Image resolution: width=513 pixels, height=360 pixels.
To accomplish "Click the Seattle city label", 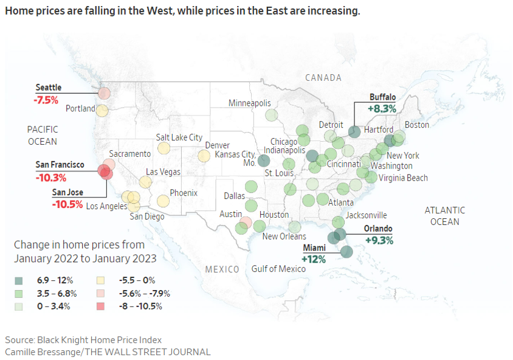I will pos(49,88).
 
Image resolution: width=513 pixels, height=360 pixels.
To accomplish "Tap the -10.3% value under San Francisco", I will pos(50,178).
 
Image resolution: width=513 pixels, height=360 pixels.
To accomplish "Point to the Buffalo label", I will pos(382,97).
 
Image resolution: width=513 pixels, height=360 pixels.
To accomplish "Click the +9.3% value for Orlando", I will pos(378,240).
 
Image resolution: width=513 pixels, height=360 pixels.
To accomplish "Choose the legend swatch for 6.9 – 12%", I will pos(19,280).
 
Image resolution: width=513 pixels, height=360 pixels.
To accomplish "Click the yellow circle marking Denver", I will pos(204,156).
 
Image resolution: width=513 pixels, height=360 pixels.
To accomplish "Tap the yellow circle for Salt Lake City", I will pos(164,148).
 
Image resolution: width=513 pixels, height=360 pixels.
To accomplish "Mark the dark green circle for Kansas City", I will pos(264,161).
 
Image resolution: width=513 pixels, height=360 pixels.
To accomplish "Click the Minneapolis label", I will pos(249,103).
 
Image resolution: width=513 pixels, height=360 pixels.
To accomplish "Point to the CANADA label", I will pos(323,78).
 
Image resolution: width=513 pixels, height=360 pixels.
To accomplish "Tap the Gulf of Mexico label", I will pos(278,269).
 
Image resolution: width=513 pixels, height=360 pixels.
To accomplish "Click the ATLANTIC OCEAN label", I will pos(444,216).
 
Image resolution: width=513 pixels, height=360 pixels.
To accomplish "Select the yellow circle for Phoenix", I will pos(163,201).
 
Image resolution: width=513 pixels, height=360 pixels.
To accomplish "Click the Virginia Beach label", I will pos(403,178).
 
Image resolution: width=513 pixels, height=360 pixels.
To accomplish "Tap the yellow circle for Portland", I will pos(102,110).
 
